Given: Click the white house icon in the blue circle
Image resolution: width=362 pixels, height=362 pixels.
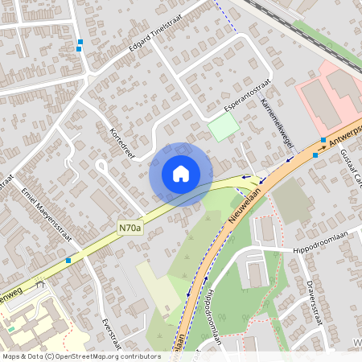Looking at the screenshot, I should click(181, 174).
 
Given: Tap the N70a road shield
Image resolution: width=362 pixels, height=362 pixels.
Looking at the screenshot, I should click(129, 228).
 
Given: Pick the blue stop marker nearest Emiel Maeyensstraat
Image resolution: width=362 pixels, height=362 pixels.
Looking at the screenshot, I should click(68, 261).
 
